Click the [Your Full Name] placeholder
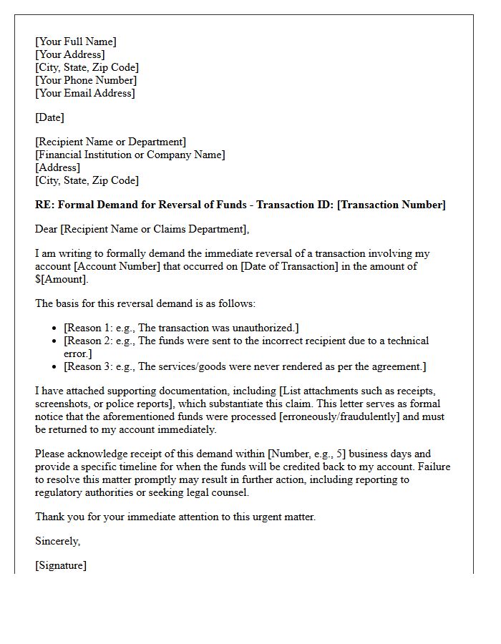click(x=76, y=42)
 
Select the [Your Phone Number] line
click(x=86, y=80)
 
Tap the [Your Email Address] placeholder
click(x=85, y=93)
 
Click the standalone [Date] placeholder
click(x=50, y=117)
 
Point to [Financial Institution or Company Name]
click(x=130, y=155)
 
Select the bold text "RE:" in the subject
click(x=44, y=205)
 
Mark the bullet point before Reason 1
click(x=55, y=328)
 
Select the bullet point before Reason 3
click(x=55, y=367)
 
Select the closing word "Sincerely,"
click(x=58, y=541)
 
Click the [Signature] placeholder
click(x=61, y=565)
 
